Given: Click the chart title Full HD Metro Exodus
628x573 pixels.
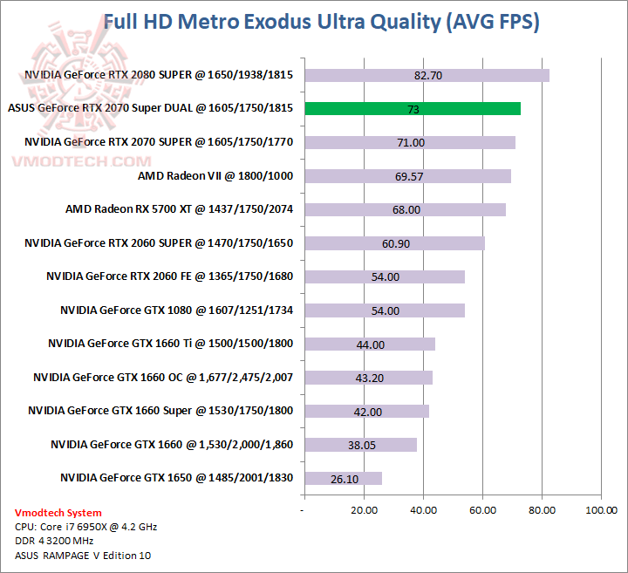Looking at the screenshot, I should click(321, 22).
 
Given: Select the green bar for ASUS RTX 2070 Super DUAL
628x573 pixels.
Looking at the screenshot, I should click(412, 109).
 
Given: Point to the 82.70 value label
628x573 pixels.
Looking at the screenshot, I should click(428, 76).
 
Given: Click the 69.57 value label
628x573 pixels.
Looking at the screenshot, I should click(409, 176).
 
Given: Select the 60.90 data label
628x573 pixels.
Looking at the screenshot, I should click(395, 243).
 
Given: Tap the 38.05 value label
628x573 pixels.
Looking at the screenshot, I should click(359, 445).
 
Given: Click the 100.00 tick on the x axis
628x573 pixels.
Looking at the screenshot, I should click(600, 509).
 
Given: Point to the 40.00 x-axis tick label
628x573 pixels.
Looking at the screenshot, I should click(422, 509).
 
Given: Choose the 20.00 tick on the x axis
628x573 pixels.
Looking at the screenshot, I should click(363, 509).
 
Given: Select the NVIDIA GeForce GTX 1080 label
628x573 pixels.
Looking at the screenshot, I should click(176, 310).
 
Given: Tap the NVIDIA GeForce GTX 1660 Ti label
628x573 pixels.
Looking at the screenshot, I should click(170, 344).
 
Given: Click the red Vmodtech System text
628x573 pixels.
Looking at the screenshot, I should click(58, 513).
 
